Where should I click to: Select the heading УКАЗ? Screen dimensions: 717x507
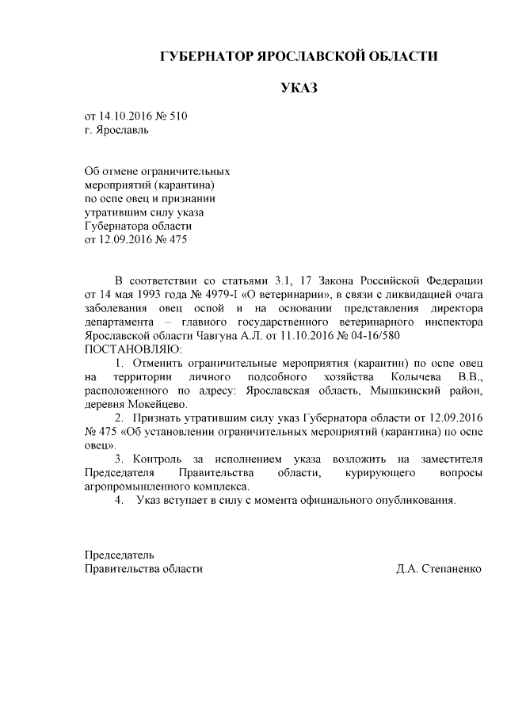299,88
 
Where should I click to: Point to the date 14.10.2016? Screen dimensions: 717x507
129,116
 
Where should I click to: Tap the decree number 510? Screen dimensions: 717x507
178,116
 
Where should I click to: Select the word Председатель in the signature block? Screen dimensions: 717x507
119,555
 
